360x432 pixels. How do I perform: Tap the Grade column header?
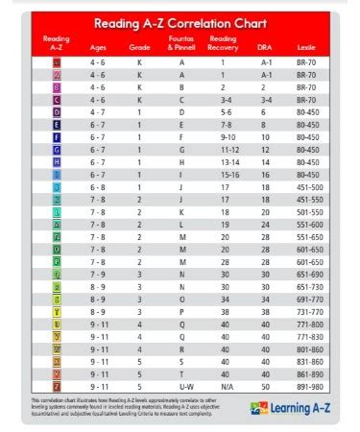click(139, 46)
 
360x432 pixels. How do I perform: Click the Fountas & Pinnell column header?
click(181, 42)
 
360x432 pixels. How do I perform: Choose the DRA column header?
click(264, 46)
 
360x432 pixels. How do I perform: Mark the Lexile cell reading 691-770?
click(309, 299)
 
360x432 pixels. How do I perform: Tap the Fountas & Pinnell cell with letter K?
click(181, 211)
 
